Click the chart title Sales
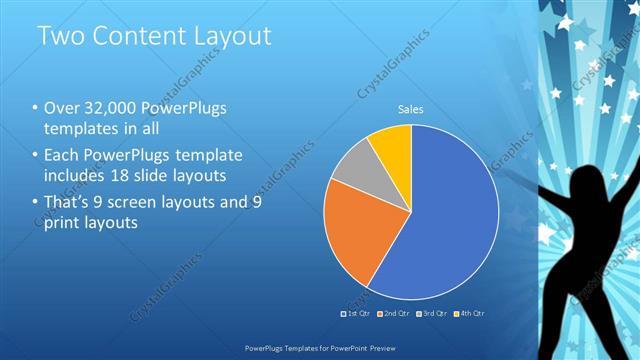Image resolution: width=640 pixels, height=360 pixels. coord(411,109)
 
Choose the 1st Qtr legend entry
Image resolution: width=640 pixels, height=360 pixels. coord(356,313)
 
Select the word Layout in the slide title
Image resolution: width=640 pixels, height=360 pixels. coord(232,37)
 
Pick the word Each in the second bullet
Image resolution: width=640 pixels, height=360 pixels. coord(63,155)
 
